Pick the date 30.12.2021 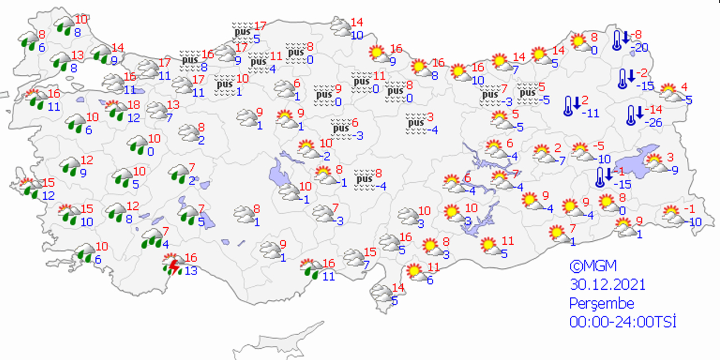pyautogui.click(x=607, y=284)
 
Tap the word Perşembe pyautogui.click(x=601, y=303)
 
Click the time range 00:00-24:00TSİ pyautogui.click(x=622, y=322)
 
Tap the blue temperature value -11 pyautogui.click(x=591, y=113)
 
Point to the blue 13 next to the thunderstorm pyautogui.click(x=191, y=271)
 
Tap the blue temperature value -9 pyautogui.click(x=674, y=170)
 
